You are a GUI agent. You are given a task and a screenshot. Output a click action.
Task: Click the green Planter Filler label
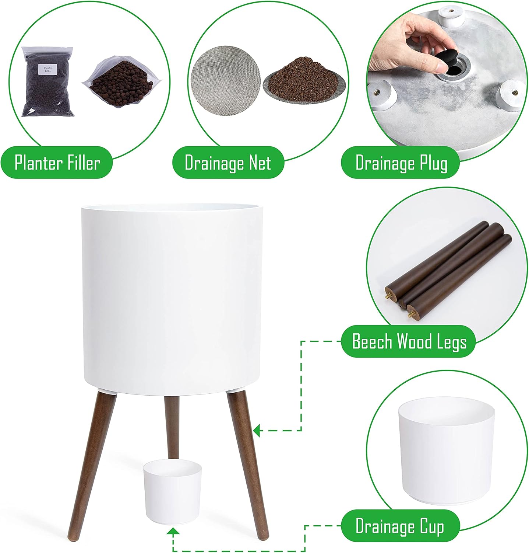click(57, 163)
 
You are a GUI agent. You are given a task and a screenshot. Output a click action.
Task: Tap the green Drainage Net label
click(228, 163)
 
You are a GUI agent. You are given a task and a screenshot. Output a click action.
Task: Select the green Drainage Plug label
click(401, 163)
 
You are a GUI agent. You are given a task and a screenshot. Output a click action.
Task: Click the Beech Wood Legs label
click(409, 341)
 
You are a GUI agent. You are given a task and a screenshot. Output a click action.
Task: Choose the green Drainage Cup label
click(401, 526)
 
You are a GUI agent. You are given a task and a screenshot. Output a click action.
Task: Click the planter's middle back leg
click(172, 428)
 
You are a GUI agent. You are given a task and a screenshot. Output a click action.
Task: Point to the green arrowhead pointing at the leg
click(257, 429)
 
